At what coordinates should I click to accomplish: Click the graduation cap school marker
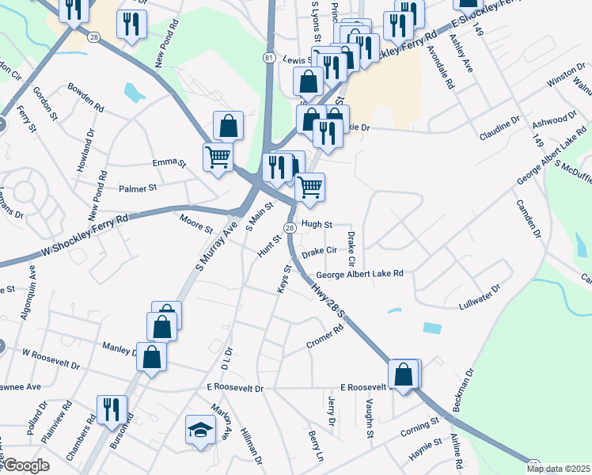point(200,431)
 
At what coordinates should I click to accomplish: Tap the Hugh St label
point(316,225)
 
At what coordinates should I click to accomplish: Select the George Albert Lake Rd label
point(360,274)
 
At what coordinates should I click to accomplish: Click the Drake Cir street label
point(320,250)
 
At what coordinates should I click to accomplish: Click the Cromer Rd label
point(324,338)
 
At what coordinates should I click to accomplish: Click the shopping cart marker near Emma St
point(218,154)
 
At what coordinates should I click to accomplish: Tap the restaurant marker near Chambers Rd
point(111,409)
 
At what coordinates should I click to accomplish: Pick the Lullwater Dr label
point(480,296)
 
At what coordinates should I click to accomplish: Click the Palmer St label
point(138,188)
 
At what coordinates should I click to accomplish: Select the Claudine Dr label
point(499,129)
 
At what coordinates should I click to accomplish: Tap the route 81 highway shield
point(269,59)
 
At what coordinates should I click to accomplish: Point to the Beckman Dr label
point(463,389)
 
